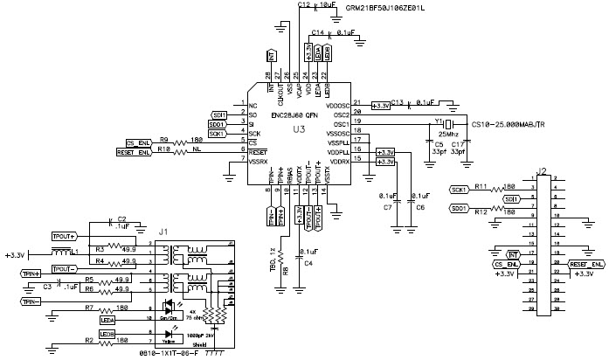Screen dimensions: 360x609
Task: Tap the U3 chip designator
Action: pyautogui.click(x=299, y=128)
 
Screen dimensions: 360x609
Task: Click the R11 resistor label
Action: pyautogui.click(x=481, y=186)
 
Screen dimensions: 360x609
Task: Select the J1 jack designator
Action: pyautogui.click(x=163, y=232)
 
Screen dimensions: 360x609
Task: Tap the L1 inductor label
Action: pyautogui.click(x=76, y=251)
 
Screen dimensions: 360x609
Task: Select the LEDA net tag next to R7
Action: pyautogui.click(x=107, y=321)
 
